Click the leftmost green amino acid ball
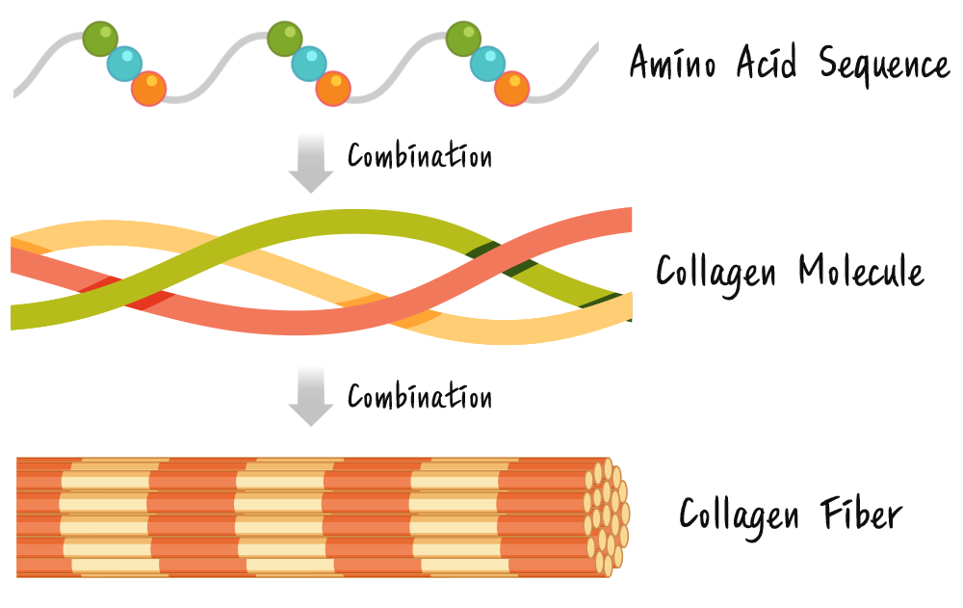(x=100, y=39)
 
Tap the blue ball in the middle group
(x=308, y=64)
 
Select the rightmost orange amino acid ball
(x=512, y=89)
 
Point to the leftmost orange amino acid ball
(x=148, y=88)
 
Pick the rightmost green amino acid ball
(x=465, y=39)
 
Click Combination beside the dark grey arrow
(x=420, y=155)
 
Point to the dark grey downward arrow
(x=311, y=164)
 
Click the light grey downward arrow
(x=311, y=395)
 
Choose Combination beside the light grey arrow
(x=420, y=396)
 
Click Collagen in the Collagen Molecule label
(x=716, y=273)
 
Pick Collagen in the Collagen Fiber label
(x=740, y=515)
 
